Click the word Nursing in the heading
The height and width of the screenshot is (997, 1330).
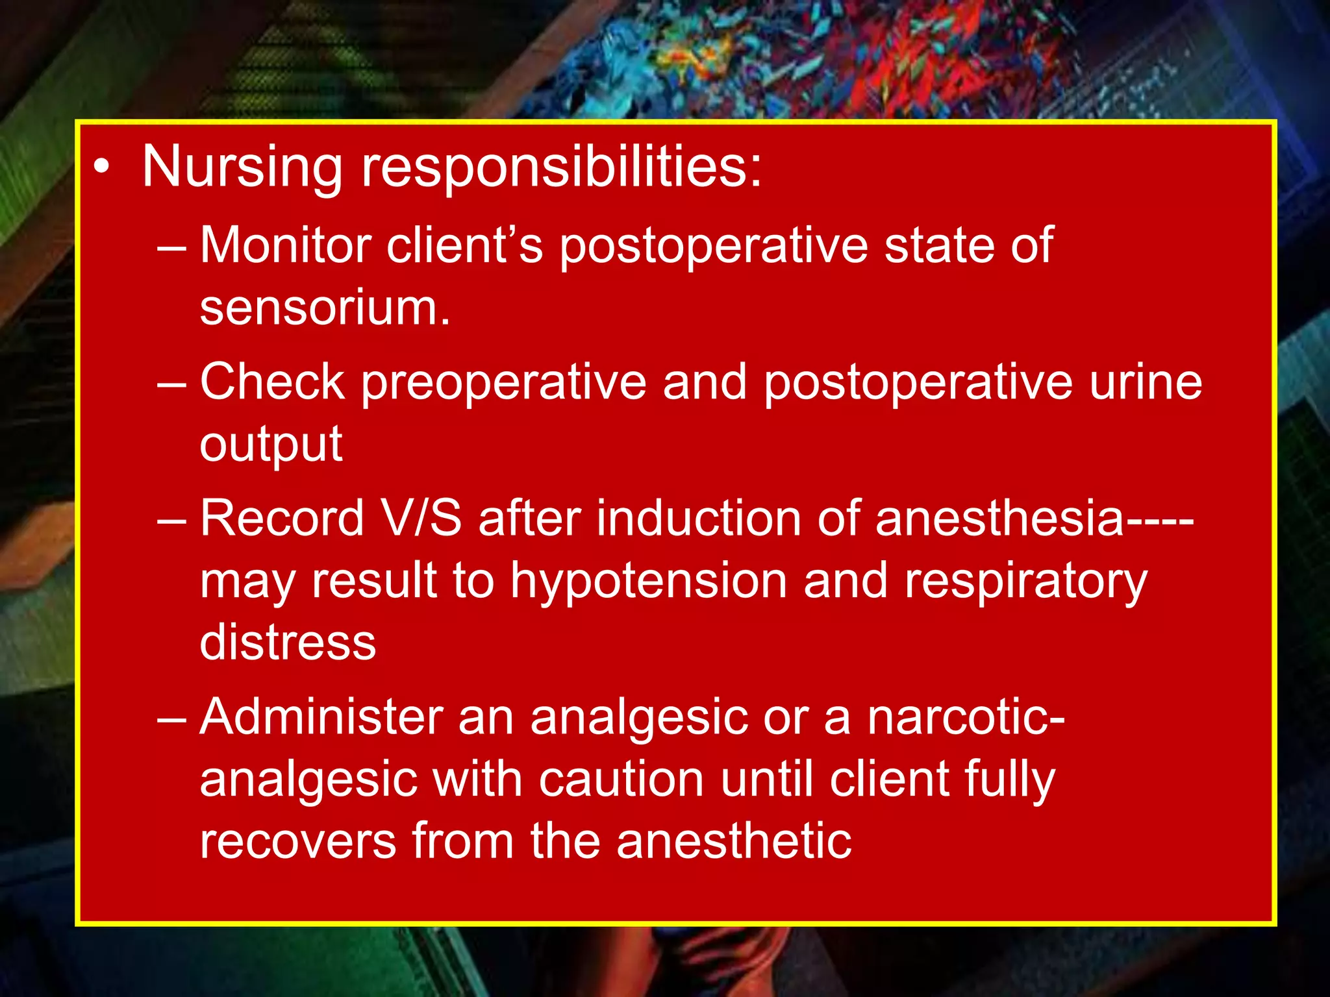coord(242,167)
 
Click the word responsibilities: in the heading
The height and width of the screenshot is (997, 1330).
coord(562,167)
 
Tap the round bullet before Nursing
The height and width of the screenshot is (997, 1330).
coord(101,167)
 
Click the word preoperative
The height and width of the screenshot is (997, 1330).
coord(503,382)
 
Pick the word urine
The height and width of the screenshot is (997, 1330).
coord(1146,382)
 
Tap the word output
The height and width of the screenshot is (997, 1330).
coord(271,445)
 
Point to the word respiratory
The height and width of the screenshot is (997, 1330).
coord(1026,580)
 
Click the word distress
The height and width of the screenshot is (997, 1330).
coord(288,642)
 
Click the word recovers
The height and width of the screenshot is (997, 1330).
coord(297,841)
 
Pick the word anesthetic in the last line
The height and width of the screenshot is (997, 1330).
coord(734,841)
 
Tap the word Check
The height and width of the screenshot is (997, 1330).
coord(271,382)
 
